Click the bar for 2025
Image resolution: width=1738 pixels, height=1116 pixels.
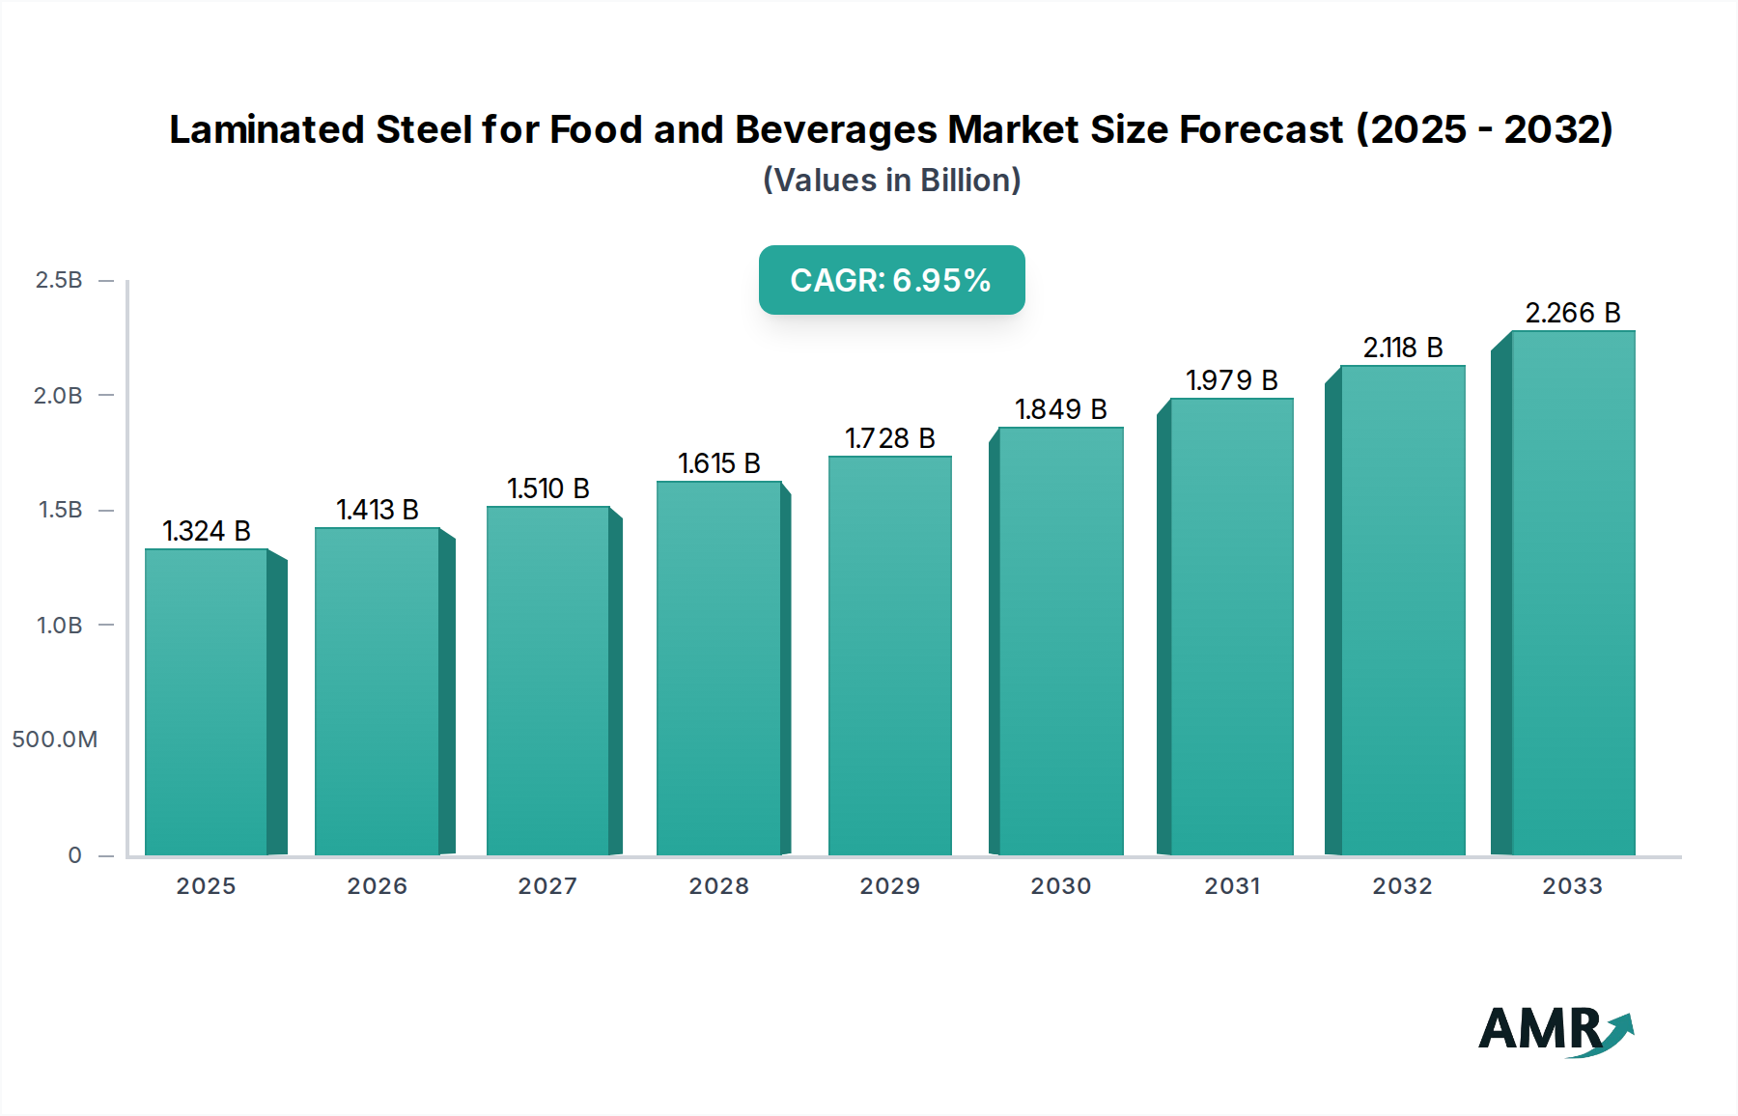coord(206,702)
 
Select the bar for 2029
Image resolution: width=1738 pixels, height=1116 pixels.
coord(889,656)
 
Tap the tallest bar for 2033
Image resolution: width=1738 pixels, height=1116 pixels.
coord(1573,593)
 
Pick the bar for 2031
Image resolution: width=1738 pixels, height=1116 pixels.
coord(1231,627)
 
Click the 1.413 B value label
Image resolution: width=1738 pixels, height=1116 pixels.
coord(377,510)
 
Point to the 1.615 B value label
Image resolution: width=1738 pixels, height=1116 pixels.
coord(718,463)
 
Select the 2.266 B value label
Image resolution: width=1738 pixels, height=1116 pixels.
coord(1572,313)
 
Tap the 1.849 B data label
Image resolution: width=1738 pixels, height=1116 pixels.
coord(1060,409)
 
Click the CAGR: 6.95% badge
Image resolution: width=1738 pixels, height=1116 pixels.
coord(891,280)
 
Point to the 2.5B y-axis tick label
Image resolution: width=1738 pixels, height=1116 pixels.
coord(59,280)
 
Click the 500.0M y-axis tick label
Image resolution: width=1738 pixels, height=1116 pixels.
coord(55,739)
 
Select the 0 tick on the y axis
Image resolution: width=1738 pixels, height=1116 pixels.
coord(74,855)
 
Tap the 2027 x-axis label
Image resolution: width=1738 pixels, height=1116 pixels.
coord(547,886)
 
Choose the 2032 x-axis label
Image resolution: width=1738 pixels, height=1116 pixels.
coord(1402,886)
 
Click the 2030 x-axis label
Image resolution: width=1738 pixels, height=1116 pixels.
coord(1060,886)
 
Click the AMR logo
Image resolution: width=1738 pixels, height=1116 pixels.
coord(1555,1030)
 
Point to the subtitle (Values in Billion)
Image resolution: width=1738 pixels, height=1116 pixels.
coord(891,181)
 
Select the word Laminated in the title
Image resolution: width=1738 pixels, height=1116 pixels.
coord(266,129)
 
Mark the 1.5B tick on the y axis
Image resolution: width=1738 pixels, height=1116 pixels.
coord(60,510)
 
